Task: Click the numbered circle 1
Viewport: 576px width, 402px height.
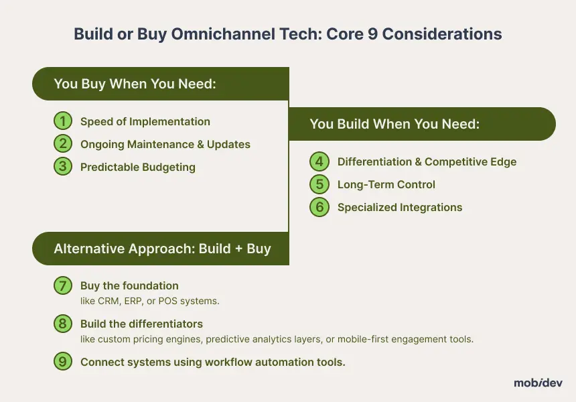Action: click(63, 121)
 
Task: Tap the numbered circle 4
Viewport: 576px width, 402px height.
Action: click(319, 161)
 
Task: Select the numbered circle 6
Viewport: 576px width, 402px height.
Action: click(319, 207)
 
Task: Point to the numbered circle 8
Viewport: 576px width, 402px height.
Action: click(63, 324)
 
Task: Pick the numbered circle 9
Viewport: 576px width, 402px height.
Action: click(63, 362)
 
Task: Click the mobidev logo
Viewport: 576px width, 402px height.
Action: click(538, 383)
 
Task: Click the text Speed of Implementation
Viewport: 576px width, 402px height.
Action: click(145, 122)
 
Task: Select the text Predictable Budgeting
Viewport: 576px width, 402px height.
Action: click(138, 167)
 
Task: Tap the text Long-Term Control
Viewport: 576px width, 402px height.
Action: click(386, 184)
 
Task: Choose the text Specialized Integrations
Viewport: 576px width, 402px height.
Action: click(400, 208)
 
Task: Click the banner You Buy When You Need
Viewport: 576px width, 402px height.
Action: click(161, 84)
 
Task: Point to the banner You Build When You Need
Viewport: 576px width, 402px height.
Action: click(423, 124)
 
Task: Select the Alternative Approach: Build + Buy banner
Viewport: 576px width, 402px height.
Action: click(161, 249)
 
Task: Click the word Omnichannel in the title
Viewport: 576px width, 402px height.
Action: click(223, 33)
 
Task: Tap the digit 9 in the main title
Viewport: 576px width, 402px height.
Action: click(372, 34)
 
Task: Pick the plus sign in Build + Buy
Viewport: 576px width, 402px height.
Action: click(239, 249)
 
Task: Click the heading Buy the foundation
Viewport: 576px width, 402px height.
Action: click(129, 285)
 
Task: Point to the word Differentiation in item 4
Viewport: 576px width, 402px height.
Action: click(374, 161)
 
